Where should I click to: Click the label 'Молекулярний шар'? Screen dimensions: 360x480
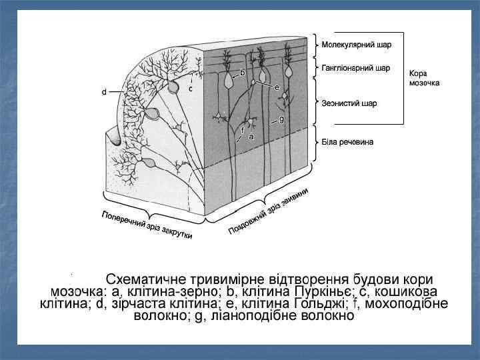[x=357, y=45]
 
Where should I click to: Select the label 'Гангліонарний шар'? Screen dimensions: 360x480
[x=356, y=68]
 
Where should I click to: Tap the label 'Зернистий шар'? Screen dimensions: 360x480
[x=349, y=103]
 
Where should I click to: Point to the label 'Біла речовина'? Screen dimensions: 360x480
[x=347, y=142]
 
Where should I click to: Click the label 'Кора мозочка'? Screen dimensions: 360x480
[x=424, y=78]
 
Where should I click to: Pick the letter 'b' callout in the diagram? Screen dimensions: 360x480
[x=242, y=72]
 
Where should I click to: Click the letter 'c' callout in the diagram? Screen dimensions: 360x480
[x=191, y=88]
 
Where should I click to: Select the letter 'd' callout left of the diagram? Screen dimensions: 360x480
[x=103, y=92]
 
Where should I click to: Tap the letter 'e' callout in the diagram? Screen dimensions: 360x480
[x=277, y=87]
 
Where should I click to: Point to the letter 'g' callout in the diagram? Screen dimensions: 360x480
[x=282, y=119]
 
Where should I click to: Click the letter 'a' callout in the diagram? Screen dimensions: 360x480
[x=251, y=136]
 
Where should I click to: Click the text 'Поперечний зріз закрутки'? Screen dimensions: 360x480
[x=147, y=225]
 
